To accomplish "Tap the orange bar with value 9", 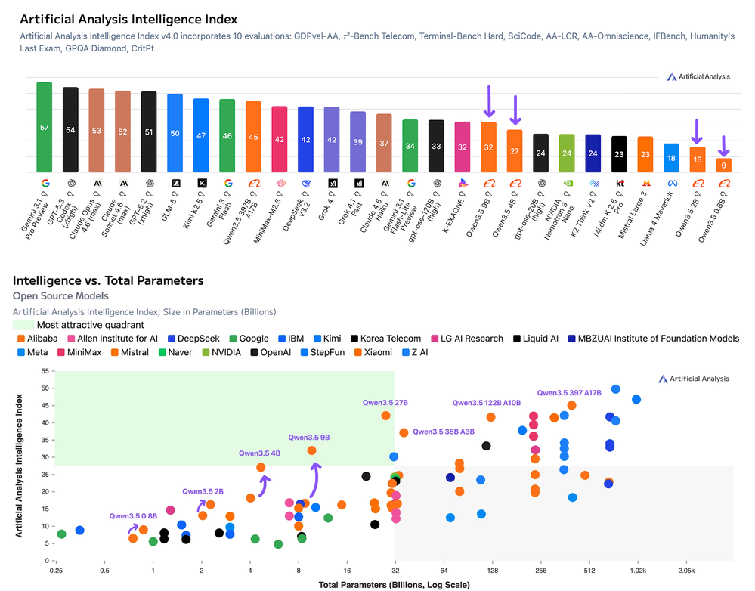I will coord(723,165).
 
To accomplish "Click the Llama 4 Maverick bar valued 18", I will coord(671,158).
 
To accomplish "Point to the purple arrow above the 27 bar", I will coord(515,110).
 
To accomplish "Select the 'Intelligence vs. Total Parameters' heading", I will coord(108,280).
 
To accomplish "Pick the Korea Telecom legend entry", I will coord(387,338).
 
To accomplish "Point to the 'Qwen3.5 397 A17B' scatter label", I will coord(569,392).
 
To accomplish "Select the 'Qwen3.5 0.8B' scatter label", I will coord(133,516).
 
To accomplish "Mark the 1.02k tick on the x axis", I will coord(636,571).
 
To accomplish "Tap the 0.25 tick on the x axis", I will coord(56,571).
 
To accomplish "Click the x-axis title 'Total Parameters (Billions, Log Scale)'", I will coord(394,584).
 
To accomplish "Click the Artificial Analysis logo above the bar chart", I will coord(698,76).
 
